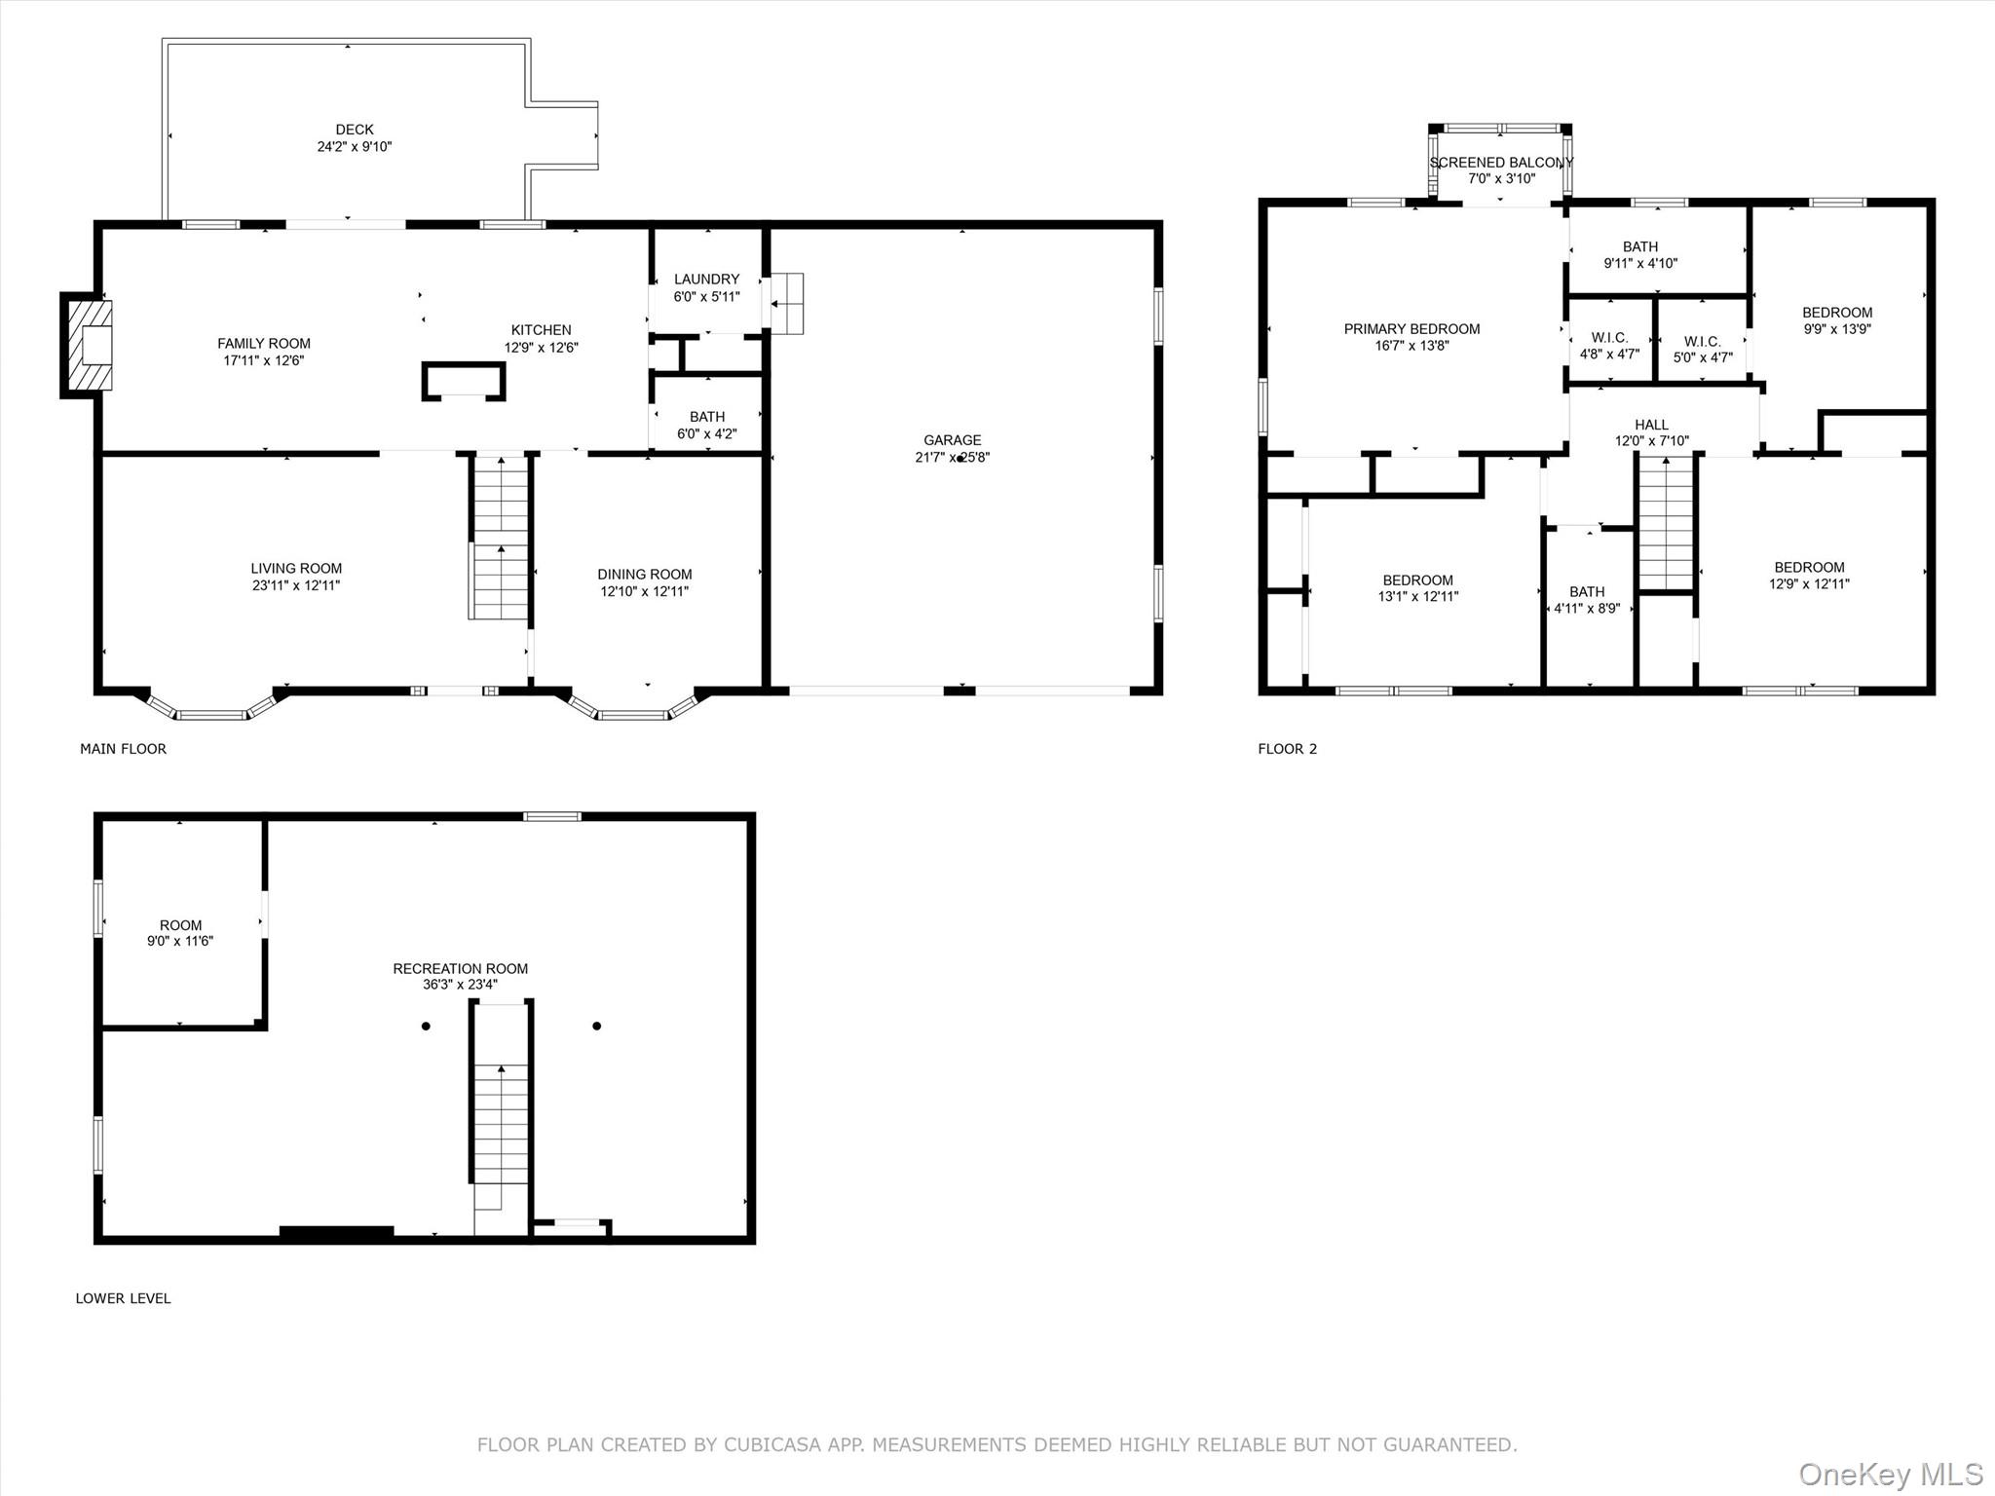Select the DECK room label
pos(355,130)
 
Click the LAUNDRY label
pos(706,280)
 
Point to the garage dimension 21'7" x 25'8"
pos(952,457)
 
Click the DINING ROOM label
pos(645,575)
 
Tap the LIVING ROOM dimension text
pos(296,585)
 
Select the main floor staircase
pos(500,537)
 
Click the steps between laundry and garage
pos(787,303)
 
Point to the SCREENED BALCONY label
pos(1501,163)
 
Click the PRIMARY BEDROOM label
pos(1412,329)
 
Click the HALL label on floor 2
pos(1651,425)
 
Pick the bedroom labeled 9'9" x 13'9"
pos(1837,320)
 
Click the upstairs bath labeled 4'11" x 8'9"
pos(1587,600)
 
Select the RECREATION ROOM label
pos(460,968)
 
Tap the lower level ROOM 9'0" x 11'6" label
pos(180,933)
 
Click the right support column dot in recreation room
pos(597,1026)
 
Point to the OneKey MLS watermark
pos(1891,1474)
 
